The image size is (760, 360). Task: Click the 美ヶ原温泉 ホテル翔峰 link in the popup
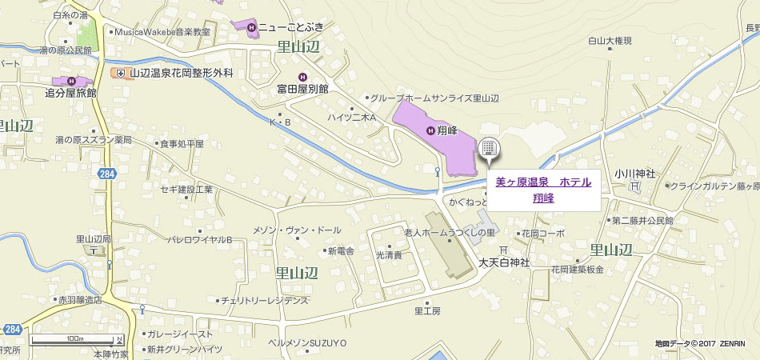(543, 190)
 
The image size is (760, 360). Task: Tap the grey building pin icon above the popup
(488, 150)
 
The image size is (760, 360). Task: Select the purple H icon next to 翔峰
(431, 130)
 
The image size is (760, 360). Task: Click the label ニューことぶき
(290, 28)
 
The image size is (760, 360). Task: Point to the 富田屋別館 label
(303, 89)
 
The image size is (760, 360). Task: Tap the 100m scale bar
(76, 342)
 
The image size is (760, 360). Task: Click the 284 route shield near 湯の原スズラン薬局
(107, 173)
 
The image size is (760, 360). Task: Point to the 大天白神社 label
(505, 263)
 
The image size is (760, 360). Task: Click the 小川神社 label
(635, 174)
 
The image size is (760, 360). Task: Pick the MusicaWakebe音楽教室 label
(162, 32)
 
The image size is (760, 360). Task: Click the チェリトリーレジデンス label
(264, 301)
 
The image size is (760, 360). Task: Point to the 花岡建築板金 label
(576, 270)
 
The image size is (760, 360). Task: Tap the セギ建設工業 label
(186, 189)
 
